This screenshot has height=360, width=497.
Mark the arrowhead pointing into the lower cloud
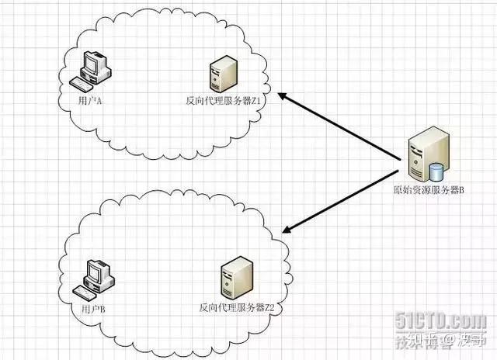[287, 229]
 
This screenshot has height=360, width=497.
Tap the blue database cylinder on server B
[437, 170]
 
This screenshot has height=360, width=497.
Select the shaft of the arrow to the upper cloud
[342, 127]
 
